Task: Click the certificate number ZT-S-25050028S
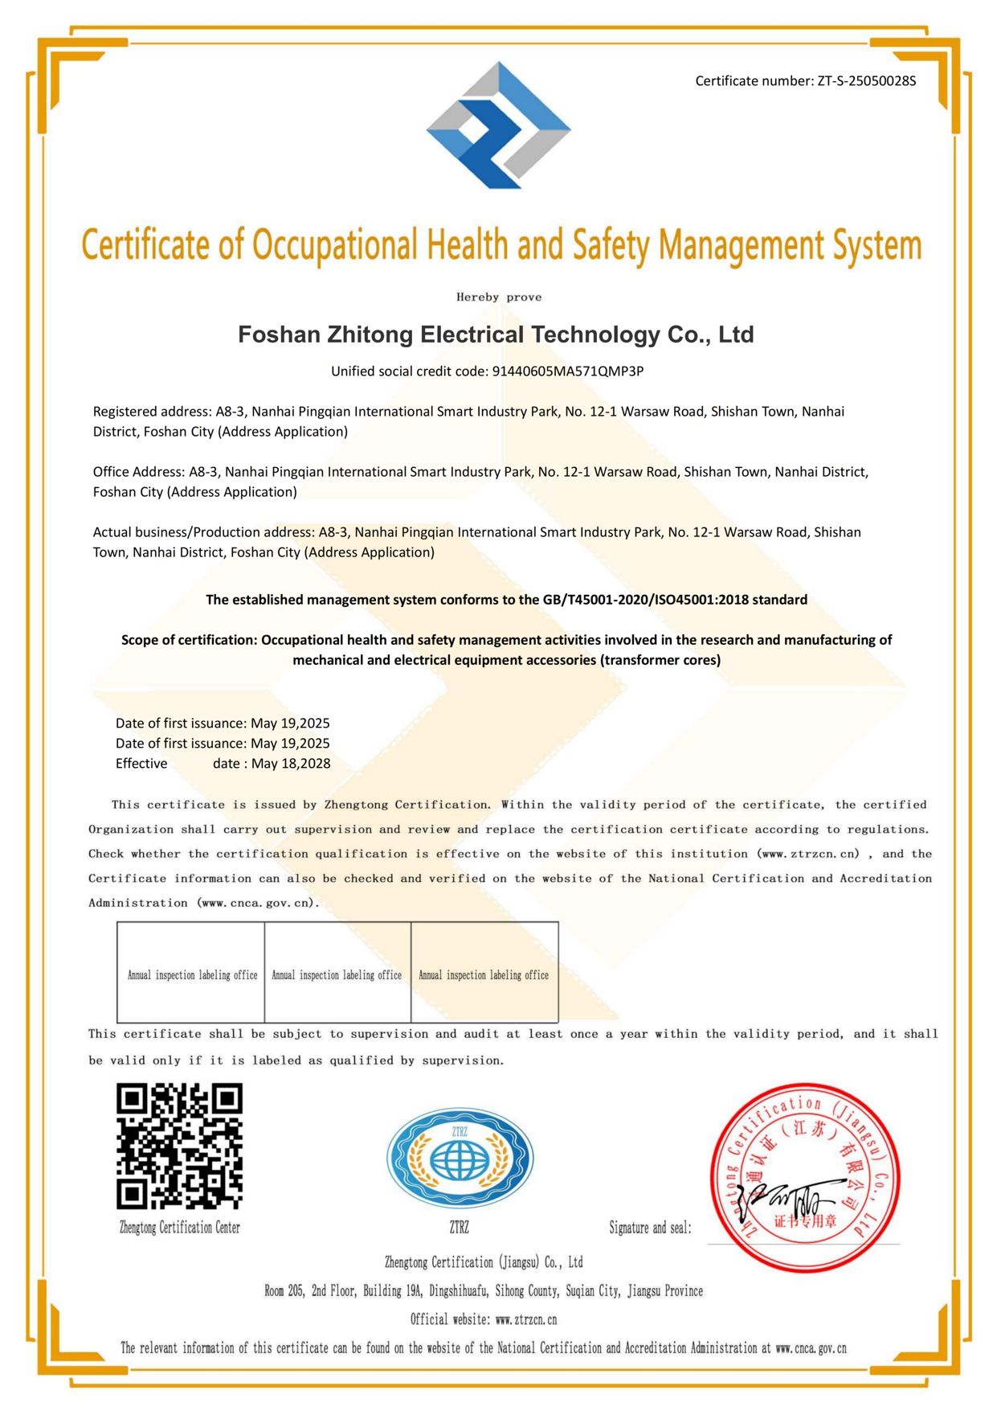coord(866,81)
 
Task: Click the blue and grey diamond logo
coord(498,126)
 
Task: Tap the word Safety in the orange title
coord(610,244)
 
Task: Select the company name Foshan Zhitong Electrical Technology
coord(496,334)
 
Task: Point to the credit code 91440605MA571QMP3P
coord(567,371)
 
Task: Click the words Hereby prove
coord(499,297)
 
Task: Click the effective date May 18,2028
coord(291,764)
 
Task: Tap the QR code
coord(179,1146)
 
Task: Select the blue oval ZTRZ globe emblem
coord(460,1158)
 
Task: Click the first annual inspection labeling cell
coord(191,973)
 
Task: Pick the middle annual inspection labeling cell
coord(337,973)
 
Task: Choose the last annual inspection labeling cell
coord(484,973)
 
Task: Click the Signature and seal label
coord(650,1228)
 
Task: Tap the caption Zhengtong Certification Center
coord(179,1228)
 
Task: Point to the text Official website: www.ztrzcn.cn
coord(484,1319)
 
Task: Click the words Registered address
coord(152,412)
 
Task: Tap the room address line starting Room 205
coord(484,1290)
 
